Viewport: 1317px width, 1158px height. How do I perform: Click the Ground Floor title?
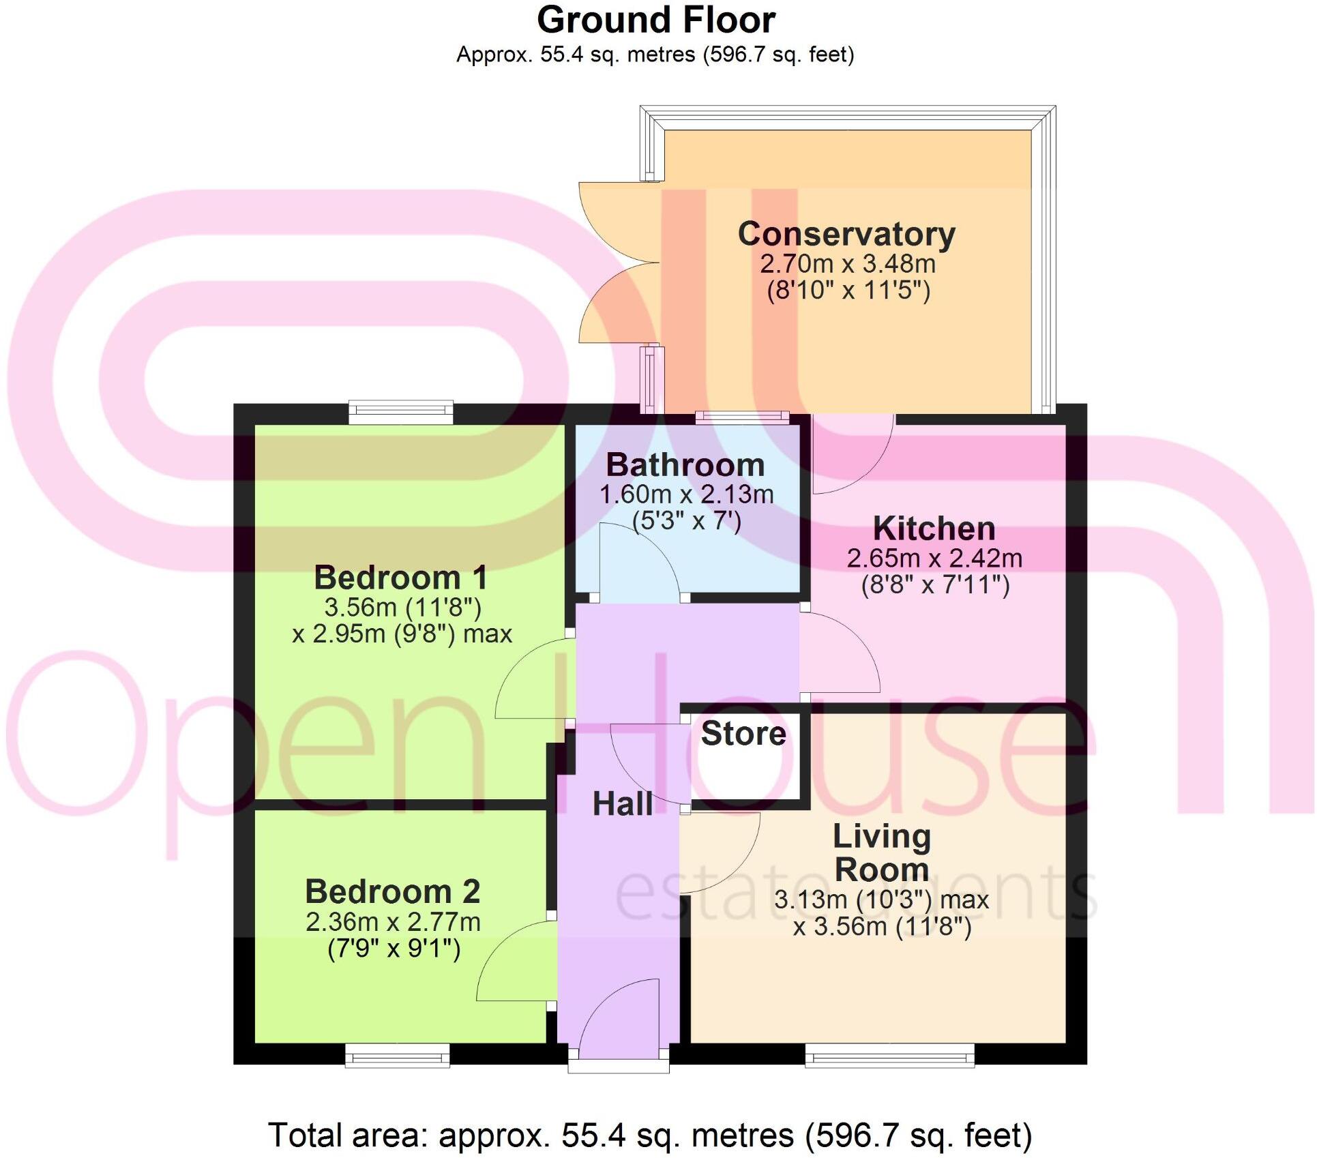click(x=655, y=20)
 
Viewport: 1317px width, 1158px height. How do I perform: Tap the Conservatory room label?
click(x=846, y=235)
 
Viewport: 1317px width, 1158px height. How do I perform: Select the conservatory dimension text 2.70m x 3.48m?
click(x=847, y=264)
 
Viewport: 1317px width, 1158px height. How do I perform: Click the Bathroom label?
click(x=685, y=466)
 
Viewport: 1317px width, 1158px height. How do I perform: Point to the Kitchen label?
click(x=934, y=529)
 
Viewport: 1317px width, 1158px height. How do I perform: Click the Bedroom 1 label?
click(x=400, y=578)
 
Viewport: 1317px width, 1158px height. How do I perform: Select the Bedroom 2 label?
click(x=392, y=892)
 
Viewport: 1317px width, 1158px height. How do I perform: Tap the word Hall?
click(x=622, y=805)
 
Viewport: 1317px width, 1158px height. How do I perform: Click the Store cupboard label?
click(x=743, y=734)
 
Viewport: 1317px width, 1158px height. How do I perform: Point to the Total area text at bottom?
click(x=650, y=1135)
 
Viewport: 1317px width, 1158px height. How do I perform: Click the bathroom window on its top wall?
click(x=742, y=417)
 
